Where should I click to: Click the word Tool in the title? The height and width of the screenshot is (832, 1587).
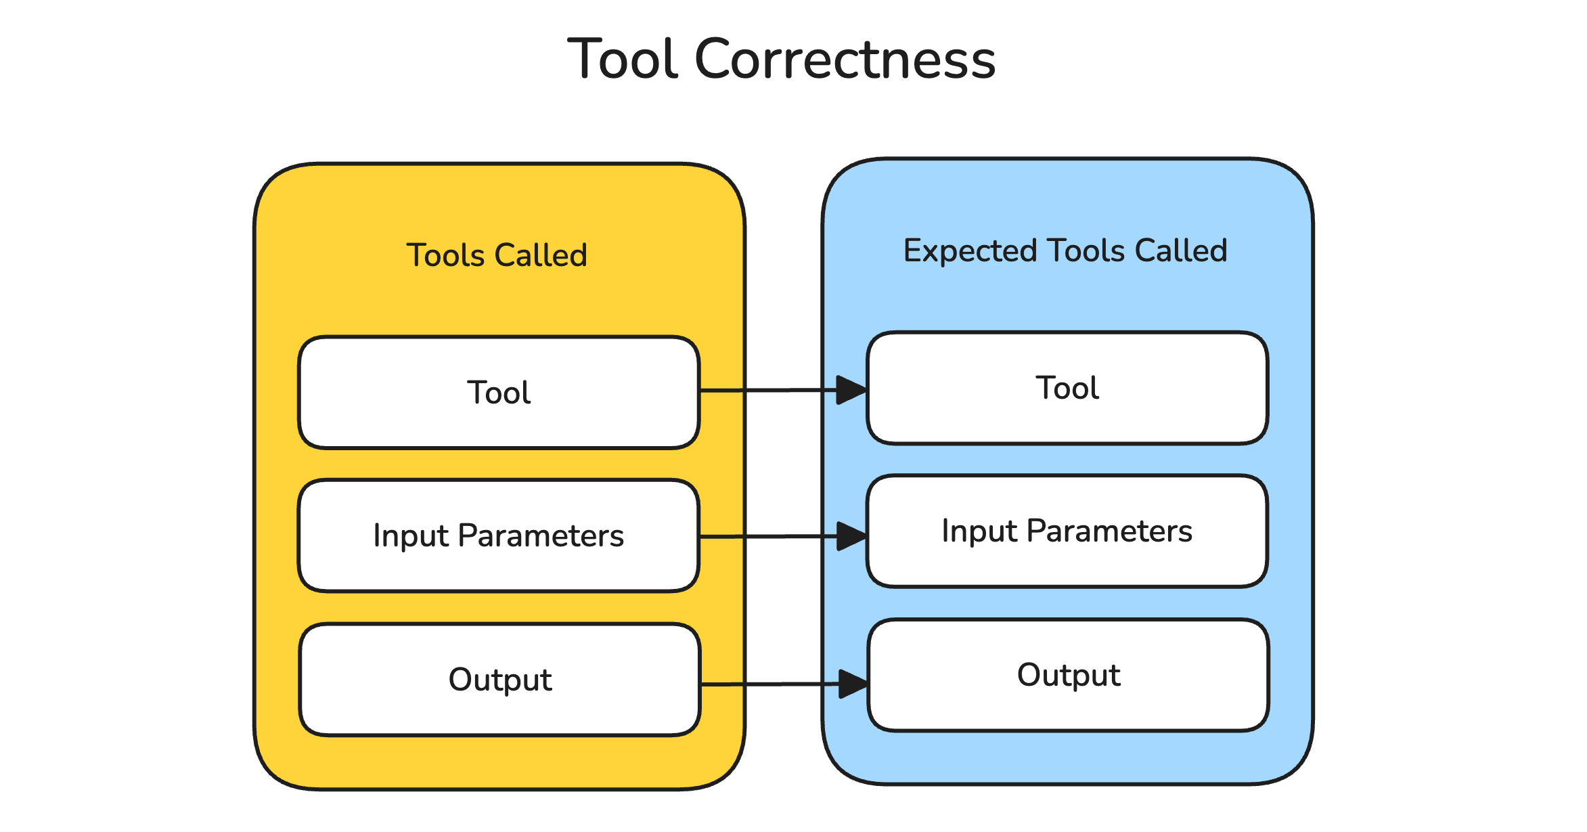pyautogui.click(x=623, y=60)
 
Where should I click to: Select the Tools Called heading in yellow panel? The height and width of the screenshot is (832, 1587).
pyautogui.click(x=497, y=255)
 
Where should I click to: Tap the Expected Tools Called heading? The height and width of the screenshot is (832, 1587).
pyautogui.click(x=1065, y=250)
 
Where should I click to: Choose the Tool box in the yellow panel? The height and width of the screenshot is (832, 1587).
pyautogui.click(x=499, y=393)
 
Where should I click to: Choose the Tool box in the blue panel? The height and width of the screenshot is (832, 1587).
pyautogui.click(x=1067, y=388)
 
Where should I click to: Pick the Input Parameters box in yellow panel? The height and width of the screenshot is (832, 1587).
pyautogui.click(x=499, y=535)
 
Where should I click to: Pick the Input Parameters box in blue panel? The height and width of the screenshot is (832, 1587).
pyautogui.click(x=1067, y=531)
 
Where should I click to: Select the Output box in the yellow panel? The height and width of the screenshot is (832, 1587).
pyautogui.click(x=499, y=680)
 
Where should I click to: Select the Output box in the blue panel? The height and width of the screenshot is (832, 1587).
pyautogui.click(x=1068, y=675)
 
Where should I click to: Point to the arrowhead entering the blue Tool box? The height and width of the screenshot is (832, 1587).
pyautogui.click(x=851, y=390)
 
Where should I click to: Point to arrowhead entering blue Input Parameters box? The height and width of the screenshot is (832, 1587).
pyautogui.click(x=851, y=536)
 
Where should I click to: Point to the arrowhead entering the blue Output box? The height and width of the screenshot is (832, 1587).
pyautogui.click(x=853, y=684)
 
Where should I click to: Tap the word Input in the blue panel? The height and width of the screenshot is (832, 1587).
pyautogui.click(x=979, y=531)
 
